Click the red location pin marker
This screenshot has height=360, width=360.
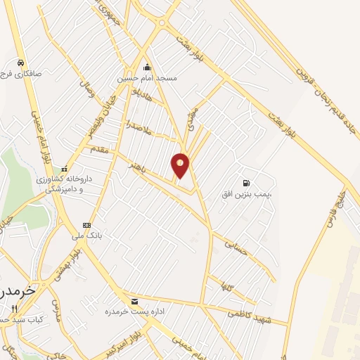pos(181,165)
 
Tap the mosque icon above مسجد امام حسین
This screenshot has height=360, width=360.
pos(147,67)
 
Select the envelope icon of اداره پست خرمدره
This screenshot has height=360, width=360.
pos(134,300)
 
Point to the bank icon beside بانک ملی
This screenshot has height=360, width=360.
pos(86,225)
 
